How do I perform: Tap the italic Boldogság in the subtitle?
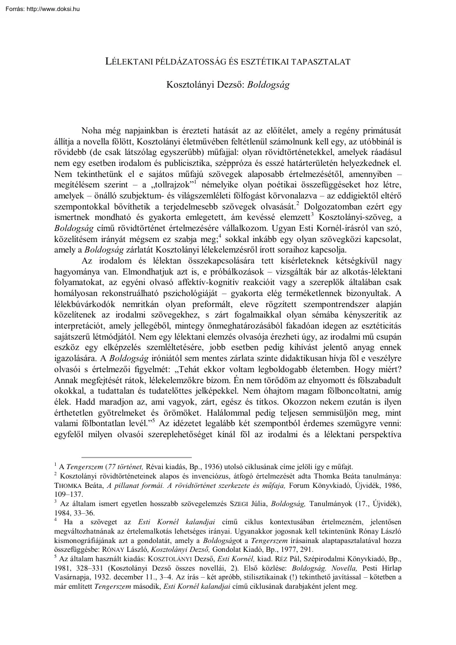[270, 86]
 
